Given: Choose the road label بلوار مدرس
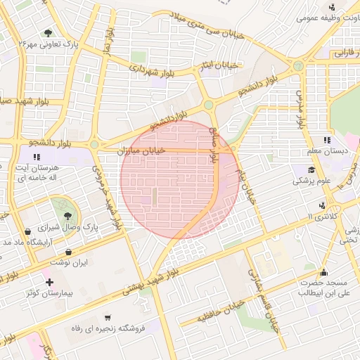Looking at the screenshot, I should (301, 105).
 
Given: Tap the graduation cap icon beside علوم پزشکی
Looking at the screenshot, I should (310, 169).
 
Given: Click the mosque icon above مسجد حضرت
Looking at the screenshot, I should (323, 271).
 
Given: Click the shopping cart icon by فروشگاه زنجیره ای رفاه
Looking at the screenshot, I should (107, 317).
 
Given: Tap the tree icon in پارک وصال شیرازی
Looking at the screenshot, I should (67, 216).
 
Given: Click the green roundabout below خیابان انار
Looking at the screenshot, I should (208, 105).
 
